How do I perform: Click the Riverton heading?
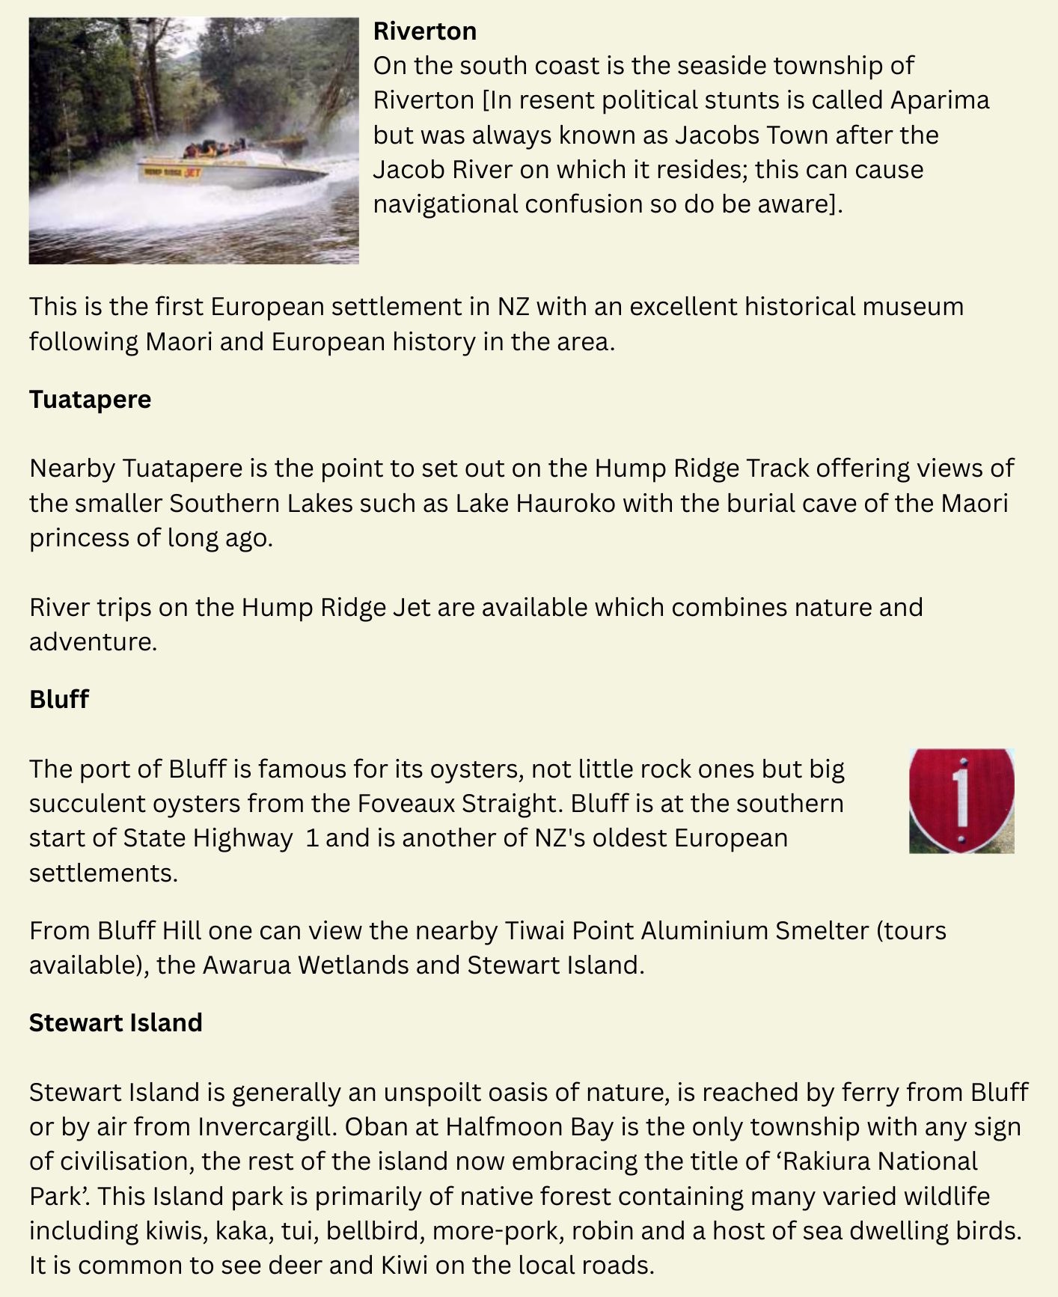[x=424, y=31]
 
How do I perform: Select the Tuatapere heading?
[x=90, y=400]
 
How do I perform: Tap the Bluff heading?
[x=59, y=699]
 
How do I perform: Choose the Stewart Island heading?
[x=115, y=1023]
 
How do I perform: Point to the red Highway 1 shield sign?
[x=961, y=800]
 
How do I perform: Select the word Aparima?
[x=940, y=100]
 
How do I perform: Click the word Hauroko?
[x=566, y=503]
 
